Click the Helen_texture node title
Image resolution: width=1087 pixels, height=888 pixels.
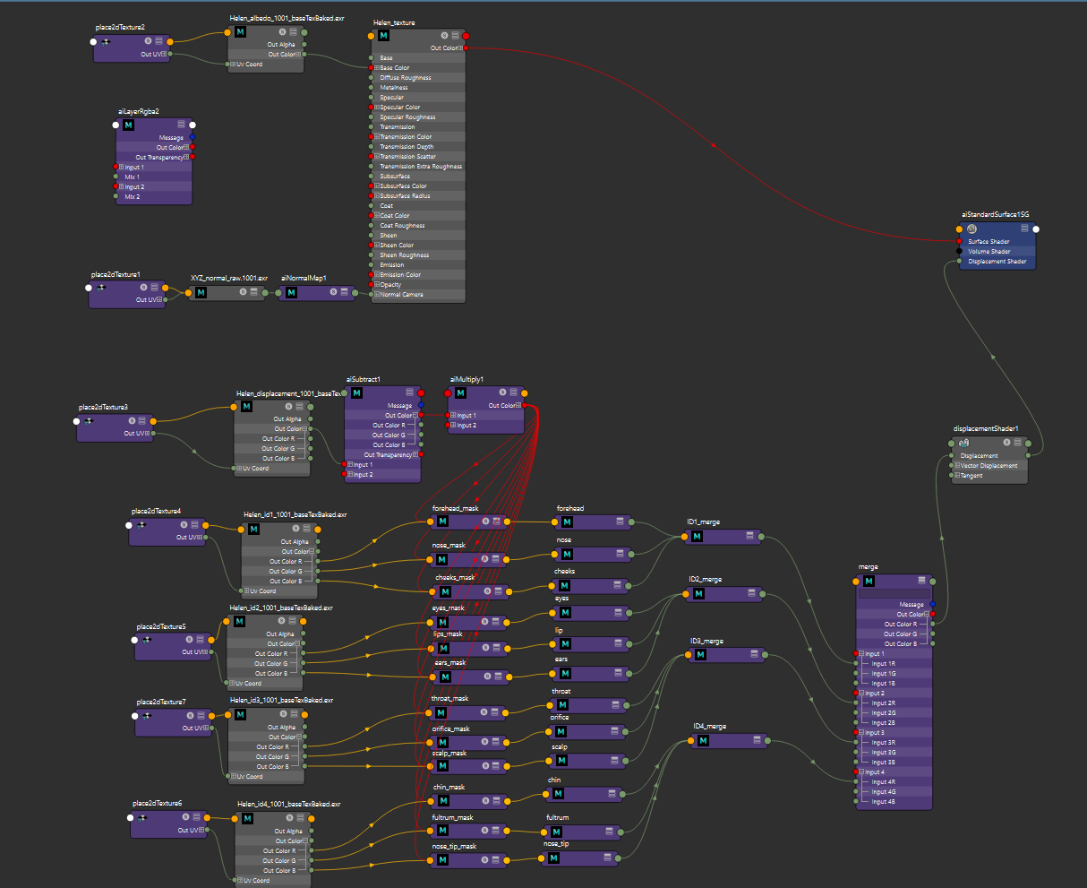393,22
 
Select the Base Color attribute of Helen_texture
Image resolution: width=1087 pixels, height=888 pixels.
395,68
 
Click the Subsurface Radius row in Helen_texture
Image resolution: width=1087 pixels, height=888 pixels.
405,196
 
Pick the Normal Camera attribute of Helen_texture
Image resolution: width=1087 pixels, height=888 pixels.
401,295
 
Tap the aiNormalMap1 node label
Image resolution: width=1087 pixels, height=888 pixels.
304,279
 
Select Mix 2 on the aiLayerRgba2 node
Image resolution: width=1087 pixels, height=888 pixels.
133,196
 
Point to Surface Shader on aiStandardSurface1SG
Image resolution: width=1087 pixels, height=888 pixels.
989,242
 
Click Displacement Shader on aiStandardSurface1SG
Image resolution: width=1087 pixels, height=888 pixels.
997,262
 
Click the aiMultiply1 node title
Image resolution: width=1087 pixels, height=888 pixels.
466,380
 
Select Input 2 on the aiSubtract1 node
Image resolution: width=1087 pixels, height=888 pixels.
363,475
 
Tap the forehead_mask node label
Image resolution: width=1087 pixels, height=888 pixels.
455,509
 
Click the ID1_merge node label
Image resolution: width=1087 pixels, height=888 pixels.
703,522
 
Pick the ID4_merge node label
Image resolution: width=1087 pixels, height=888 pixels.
709,727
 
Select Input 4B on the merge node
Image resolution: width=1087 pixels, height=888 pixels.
884,802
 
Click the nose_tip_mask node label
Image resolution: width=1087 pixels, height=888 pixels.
455,847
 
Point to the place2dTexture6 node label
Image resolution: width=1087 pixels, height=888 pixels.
157,804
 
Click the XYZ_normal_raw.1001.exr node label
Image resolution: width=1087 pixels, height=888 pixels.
229,279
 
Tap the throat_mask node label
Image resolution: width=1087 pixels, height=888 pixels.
449,699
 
